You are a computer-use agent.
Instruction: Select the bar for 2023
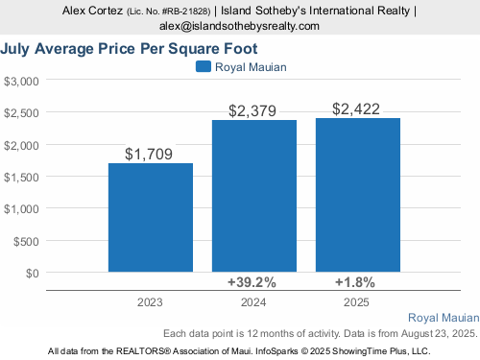[x=151, y=218]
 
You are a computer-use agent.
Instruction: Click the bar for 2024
[x=254, y=196]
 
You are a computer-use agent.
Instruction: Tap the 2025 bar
[x=358, y=195]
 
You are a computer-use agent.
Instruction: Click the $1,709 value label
[x=149, y=154]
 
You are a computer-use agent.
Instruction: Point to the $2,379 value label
[x=252, y=110]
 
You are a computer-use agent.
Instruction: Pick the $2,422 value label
[x=356, y=108]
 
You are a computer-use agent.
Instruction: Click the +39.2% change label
[x=252, y=282]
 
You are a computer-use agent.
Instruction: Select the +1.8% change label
[x=355, y=282]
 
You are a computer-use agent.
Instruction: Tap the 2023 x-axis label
[x=150, y=302]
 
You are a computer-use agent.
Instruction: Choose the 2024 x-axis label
[x=253, y=302]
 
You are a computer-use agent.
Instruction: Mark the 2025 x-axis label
[x=356, y=302]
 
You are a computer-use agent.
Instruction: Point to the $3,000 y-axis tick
[x=21, y=82]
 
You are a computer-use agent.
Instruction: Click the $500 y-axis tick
[x=26, y=241]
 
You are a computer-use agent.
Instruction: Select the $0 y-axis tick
[x=33, y=274]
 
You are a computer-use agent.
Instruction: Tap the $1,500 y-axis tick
[x=21, y=177]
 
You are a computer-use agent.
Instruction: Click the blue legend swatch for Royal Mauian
[x=204, y=66]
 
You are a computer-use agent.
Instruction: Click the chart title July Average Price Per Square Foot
[x=129, y=49]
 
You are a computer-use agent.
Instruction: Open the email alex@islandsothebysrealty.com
[x=239, y=26]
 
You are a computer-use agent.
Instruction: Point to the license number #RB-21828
[x=185, y=12]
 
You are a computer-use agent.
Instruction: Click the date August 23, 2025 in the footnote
[x=439, y=333]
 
